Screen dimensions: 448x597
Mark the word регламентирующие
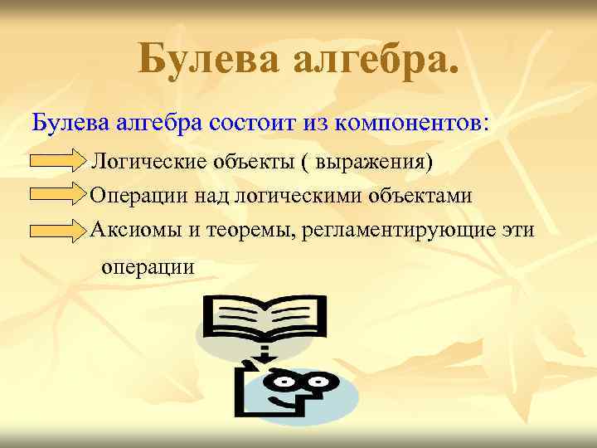point(396,230)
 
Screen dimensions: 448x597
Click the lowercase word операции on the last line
point(148,267)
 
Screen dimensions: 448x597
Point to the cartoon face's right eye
point(323,382)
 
